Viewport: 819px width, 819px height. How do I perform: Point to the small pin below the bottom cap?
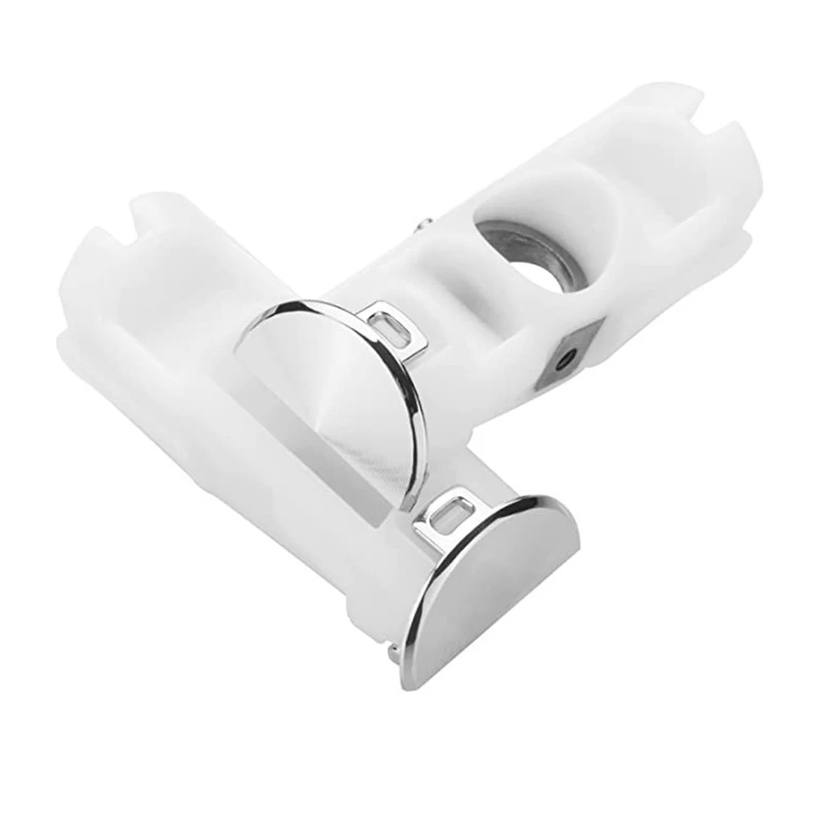tap(394, 650)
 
